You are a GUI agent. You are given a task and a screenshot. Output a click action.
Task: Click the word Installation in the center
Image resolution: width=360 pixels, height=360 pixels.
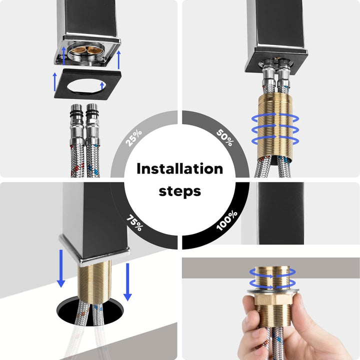tap(180, 169)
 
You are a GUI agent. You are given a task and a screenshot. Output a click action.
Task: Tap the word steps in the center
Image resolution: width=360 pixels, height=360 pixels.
tap(180, 191)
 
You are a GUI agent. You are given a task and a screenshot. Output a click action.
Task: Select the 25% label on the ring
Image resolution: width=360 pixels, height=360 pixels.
tap(134, 138)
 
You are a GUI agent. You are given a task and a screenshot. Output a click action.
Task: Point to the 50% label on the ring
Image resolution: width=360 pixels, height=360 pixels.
tap(225, 137)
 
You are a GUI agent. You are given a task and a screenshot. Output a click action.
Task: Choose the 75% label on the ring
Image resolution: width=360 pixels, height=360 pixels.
tap(135, 222)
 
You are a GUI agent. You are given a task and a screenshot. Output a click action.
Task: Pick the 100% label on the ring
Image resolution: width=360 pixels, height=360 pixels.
tap(227, 220)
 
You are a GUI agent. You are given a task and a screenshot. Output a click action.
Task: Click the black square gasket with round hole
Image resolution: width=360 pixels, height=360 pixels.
tap(88, 84)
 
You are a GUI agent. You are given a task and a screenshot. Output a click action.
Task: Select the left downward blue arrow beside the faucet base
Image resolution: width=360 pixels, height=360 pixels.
tap(61, 268)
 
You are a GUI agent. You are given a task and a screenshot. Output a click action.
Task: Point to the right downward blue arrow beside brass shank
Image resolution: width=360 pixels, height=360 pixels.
tap(127, 282)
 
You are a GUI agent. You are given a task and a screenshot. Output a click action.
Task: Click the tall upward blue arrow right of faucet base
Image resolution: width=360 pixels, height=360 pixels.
tap(118, 59)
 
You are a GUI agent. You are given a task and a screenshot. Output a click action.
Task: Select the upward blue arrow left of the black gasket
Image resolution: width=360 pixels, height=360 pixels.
tap(54, 81)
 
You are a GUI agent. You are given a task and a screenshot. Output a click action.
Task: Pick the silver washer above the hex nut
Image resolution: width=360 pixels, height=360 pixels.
tap(273, 291)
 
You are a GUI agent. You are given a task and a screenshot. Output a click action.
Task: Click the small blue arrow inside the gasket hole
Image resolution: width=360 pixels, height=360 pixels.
tap(102, 86)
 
